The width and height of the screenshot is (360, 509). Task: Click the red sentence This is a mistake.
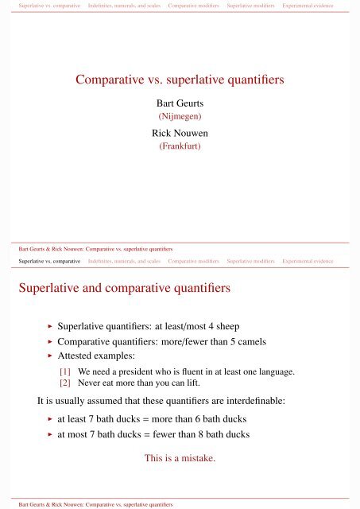coord(180,458)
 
